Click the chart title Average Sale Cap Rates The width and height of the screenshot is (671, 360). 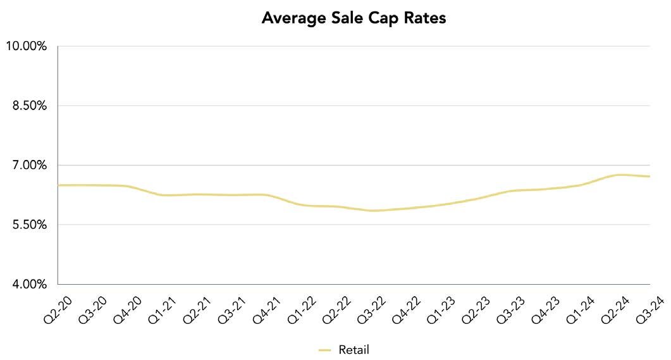(x=354, y=18)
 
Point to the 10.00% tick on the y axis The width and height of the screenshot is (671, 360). (x=26, y=46)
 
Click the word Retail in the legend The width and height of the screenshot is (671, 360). (x=354, y=349)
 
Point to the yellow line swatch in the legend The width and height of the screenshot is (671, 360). (x=325, y=349)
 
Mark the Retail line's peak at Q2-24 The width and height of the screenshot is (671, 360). (x=619, y=175)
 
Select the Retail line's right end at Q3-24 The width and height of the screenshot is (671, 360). (x=649, y=177)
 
